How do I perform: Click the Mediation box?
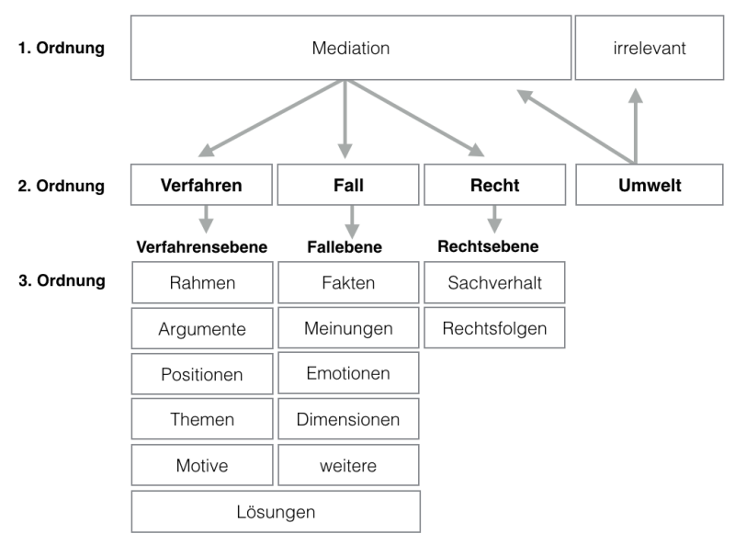pos(351,48)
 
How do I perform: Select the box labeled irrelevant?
pos(650,48)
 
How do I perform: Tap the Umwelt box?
pos(650,185)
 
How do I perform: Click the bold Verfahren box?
pos(201,185)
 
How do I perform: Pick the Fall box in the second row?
pos(348,185)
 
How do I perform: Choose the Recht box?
pos(495,185)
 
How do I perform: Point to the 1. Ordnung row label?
pos(61,48)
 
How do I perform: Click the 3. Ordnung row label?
pos(62,280)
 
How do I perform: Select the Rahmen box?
pos(202,283)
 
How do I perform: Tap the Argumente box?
pos(202,328)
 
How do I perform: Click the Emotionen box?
pos(348,373)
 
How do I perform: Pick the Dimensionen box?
pos(348,419)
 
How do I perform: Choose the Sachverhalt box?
pos(494,283)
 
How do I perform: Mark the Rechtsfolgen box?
pos(494,328)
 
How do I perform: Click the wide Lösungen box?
pos(276,512)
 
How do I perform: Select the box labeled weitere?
pos(348,465)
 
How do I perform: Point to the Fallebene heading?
pos(345,246)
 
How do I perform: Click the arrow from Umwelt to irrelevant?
pos(636,126)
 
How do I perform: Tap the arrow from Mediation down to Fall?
pos(345,119)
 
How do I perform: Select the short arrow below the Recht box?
pos(494,219)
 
